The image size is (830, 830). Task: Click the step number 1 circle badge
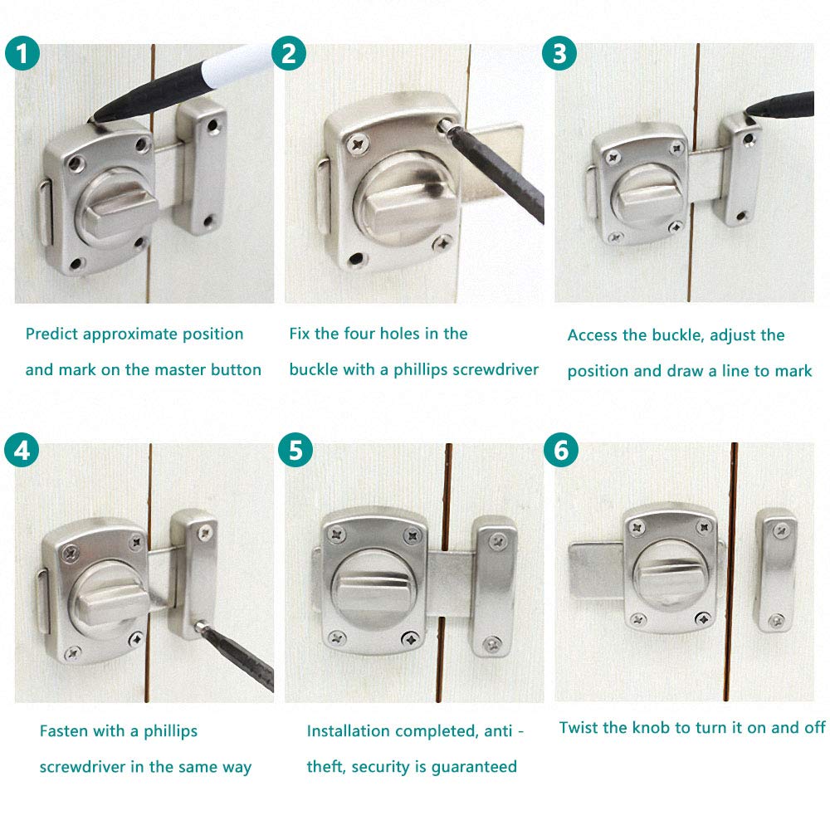22,53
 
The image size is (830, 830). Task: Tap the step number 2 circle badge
289,53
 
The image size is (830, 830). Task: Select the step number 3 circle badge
559,53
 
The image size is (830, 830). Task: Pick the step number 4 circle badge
22,450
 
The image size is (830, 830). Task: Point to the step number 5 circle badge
295,450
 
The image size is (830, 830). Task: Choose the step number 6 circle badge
561,450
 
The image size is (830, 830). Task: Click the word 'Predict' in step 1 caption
52,334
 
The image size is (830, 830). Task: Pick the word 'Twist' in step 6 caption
578,728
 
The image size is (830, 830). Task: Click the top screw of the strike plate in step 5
497,541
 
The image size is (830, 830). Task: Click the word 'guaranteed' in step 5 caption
474,767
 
